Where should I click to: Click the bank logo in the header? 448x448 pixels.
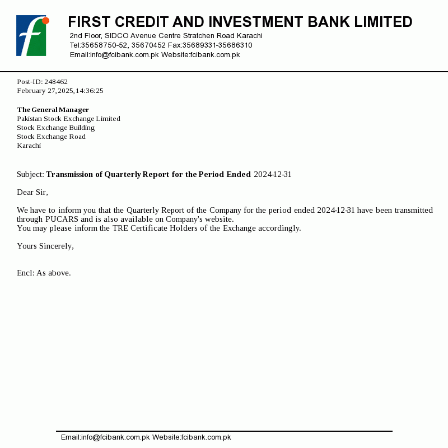pos(31,36)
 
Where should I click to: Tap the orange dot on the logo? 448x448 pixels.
pos(45,21)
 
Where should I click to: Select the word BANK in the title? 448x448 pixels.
pos(331,22)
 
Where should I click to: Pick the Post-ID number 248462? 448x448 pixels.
pos(56,82)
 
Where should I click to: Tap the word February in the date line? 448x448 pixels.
pos(31,91)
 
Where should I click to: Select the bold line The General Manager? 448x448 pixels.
pos(53,110)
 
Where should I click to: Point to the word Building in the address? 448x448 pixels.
pos(82,128)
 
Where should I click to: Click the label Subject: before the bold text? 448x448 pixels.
pos(30,174)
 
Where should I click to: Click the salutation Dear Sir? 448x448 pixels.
pos(32,192)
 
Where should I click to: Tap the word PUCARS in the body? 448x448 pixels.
pos(62,219)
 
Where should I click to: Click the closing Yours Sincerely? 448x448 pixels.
pos(45,246)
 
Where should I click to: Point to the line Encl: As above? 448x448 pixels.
pos(44,273)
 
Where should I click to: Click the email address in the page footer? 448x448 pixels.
pos(105,437)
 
